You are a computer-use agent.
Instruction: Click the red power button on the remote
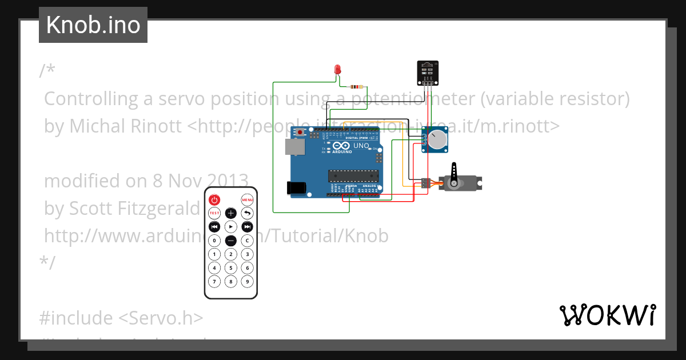pos(214,199)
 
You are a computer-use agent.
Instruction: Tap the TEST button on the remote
pos(214,213)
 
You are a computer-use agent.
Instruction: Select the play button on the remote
pos(230,227)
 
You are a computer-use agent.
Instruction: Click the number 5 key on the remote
pos(230,267)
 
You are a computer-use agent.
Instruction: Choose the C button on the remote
pos(247,241)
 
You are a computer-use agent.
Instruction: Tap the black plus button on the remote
pos(230,213)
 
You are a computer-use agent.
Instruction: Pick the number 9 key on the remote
pos(247,281)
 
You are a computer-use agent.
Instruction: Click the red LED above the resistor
pos(337,70)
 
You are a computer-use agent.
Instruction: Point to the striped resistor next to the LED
pos(357,87)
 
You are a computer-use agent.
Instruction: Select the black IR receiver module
pos(427,71)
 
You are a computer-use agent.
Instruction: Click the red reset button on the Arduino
pos(301,133)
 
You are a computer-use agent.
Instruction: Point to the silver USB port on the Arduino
pos(295,147)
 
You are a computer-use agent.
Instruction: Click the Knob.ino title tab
pos(93,25)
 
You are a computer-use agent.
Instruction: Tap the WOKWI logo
pos(607,315)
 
